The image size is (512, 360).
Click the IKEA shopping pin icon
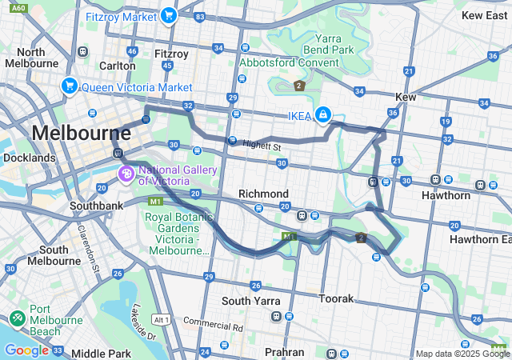322,115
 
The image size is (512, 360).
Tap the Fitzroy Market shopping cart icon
168,15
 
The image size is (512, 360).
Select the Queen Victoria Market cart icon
70,86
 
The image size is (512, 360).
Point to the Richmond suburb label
263,194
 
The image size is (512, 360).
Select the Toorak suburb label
336,298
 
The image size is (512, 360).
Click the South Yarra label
250,301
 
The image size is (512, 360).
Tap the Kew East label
485,15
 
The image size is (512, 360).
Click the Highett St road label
262,146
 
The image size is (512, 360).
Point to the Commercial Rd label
213,326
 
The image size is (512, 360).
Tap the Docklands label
30,158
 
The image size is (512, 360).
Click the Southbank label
73,206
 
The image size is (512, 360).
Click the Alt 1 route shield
161,319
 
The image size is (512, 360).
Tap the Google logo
26,350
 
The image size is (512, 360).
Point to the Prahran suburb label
285,352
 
